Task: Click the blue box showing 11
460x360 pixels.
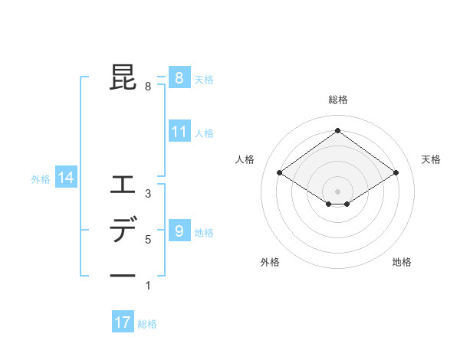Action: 179,132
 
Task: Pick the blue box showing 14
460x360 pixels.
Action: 65,178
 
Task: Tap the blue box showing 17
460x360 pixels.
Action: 122,322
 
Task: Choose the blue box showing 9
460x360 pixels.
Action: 179,231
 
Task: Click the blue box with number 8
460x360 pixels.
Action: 179,77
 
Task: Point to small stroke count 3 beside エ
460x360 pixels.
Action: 148,194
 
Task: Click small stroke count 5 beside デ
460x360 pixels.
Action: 148,240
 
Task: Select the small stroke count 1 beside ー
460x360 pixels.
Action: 148,286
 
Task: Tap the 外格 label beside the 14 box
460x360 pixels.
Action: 41,179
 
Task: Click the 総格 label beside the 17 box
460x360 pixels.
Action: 147,324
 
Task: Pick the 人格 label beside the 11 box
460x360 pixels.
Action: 204,133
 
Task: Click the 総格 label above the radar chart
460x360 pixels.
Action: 337,100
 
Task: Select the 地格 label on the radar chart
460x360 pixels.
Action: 402,262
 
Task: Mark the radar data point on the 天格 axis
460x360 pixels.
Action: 396,173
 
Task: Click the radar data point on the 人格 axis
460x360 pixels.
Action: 280,173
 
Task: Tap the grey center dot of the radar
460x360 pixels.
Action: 337,191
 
